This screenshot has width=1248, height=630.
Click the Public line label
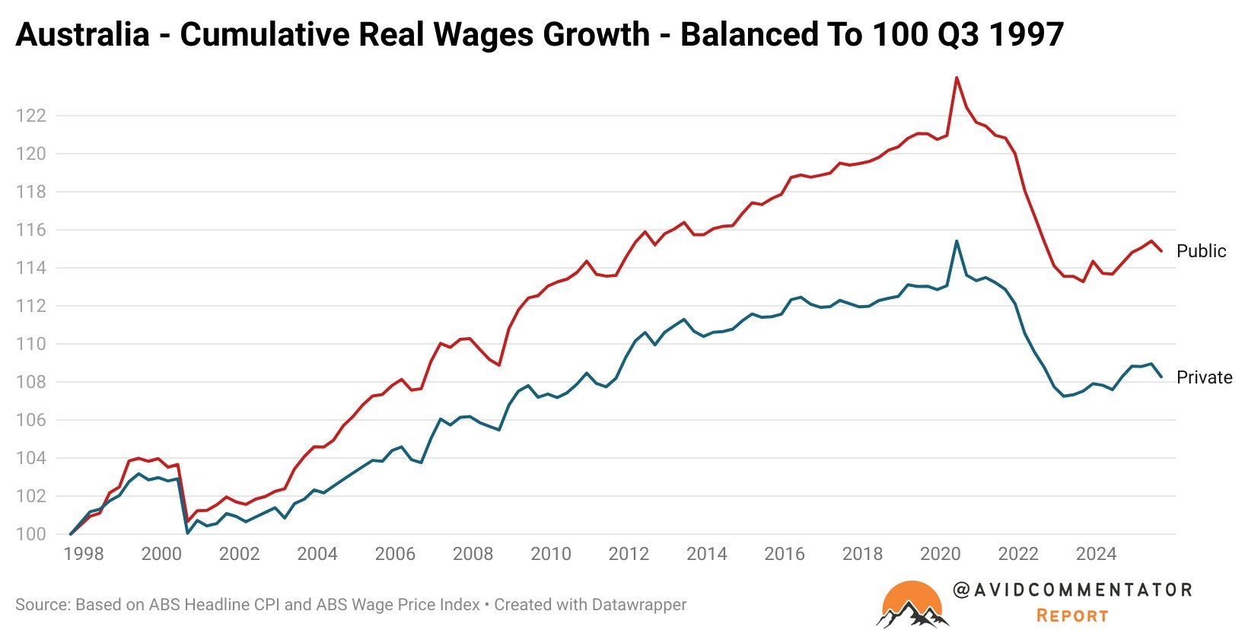pyautogui.click(x=1201, y=251)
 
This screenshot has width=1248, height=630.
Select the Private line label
pyautogui.click(x=1204, y=377)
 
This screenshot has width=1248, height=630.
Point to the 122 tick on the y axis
pyautogui.click(x=31, y=116)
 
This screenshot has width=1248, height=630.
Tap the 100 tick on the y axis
pyautogui.click(x=31, y=534)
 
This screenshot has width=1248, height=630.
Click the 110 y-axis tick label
pyautogui.click(x=31, y=344)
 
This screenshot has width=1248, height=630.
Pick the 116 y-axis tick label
pyautogui.click(x=31, y=230)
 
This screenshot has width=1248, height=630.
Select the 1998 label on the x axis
pyautogui.click(x=84, y=554)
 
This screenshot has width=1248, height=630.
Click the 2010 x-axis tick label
pyautogui.click(x=550, y=554)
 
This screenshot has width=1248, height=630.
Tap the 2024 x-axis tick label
pyautogui.click(x=1096, y=554)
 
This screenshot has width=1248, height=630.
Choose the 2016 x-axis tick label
pyautogui.click(x=784, y=554)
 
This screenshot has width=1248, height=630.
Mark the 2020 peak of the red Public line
pyautogui.click(x=957, y=78)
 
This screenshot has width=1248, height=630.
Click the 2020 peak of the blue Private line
pyautogui.click(x=957, y=241)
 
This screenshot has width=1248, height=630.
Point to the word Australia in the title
pyautogui.click(x=82, y=34)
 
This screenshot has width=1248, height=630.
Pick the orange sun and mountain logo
pyautogui.click(x=912, y=605)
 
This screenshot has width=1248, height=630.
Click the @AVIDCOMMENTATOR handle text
pyautogui.click(x=1072, y=590)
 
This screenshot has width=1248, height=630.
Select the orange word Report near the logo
pyautogui.click(x=1072, y=616)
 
